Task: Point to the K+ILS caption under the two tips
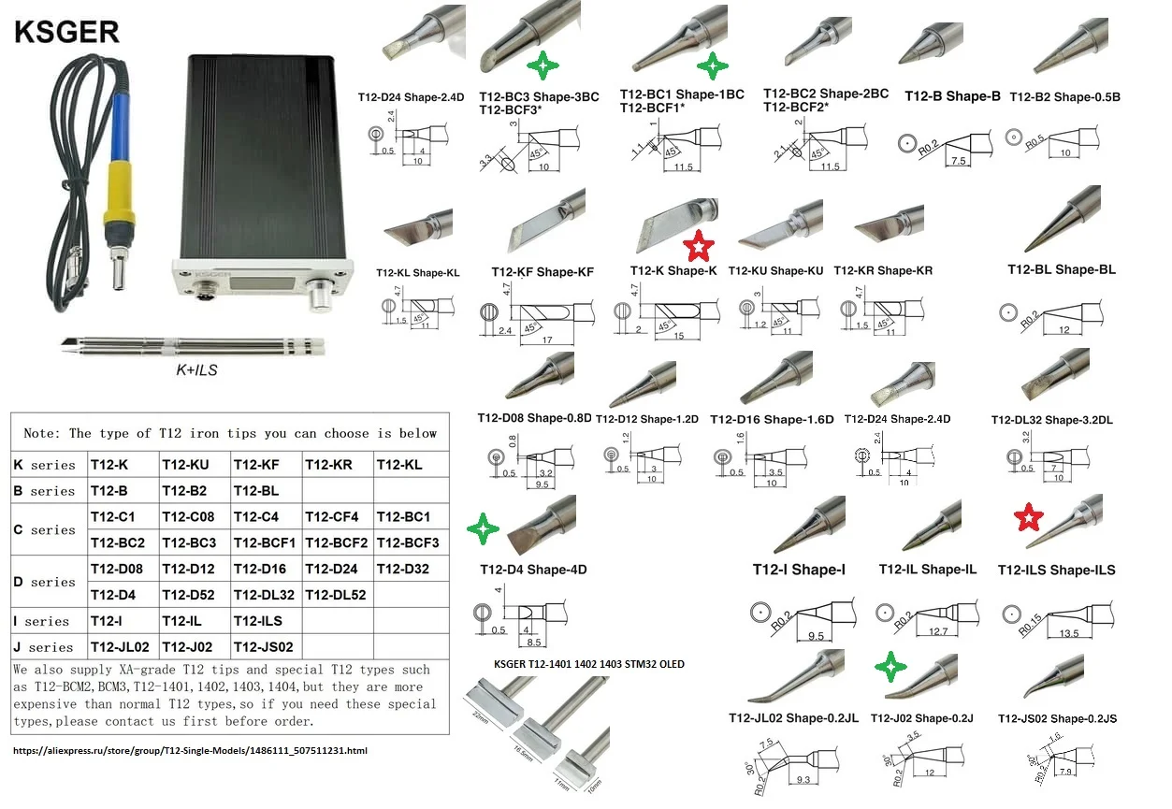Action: (x=196, y=369)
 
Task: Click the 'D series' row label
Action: (x=45, y=582)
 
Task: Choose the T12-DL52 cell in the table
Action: (x=337, y=594)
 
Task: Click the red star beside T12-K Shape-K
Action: (x=699, y=247)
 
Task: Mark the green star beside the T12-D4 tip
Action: (x=483, y=529)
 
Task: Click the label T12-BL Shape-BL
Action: (x=1062, y=269)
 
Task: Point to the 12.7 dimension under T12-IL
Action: (x=938, y=632)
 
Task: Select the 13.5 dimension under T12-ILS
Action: (x=1068, y=633)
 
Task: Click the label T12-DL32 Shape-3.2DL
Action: (x=1052, y=420)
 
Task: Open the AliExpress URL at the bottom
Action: (x=191, y=750)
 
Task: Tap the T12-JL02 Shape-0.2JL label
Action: (x=793, y=718)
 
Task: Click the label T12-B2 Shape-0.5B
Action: (x=1065, y=96)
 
